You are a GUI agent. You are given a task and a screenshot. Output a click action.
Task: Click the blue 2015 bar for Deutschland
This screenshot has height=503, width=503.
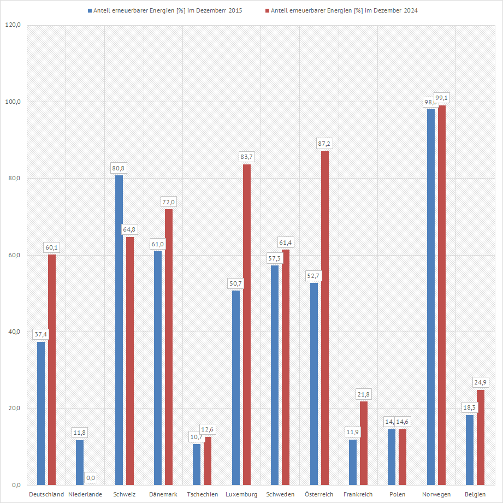[x=41, y=413]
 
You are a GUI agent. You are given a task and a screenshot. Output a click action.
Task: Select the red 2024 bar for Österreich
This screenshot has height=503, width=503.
[x=325, y=317]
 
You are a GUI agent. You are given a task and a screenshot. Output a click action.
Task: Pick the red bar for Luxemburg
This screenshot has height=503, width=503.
[x=247, y=324]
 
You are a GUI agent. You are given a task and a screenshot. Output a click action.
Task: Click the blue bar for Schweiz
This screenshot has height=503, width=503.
[x=119, y=330]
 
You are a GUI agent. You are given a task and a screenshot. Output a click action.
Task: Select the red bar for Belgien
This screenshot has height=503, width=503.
[x=481, y=437]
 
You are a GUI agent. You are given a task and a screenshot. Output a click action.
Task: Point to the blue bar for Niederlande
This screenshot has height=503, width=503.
[x=80, y=462]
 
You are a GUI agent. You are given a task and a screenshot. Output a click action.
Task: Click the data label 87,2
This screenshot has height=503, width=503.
[x=325, y=144]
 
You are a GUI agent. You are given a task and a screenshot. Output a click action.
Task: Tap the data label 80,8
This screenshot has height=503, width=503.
[x=119, y=169]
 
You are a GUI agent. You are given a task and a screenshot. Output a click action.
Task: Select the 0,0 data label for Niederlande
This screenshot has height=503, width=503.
[x=91, y=478]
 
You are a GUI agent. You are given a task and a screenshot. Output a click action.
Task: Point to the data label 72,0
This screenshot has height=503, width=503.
[x=169, y=203]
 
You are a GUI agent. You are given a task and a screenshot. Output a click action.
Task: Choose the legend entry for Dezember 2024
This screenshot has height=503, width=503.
[x=344, y=10]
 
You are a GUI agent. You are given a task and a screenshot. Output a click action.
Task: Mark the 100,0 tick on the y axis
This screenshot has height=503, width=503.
[x=13, y=102]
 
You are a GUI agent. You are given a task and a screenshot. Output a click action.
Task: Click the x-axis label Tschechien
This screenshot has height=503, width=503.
[x=202, y=494]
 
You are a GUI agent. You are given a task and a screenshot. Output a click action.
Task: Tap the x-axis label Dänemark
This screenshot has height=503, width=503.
[x=163, y=494]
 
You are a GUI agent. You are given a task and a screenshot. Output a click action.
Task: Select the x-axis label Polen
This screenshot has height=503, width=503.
[x=397, y=494]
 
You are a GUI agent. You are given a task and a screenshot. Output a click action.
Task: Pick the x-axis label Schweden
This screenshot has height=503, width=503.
[x=280, y=494]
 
